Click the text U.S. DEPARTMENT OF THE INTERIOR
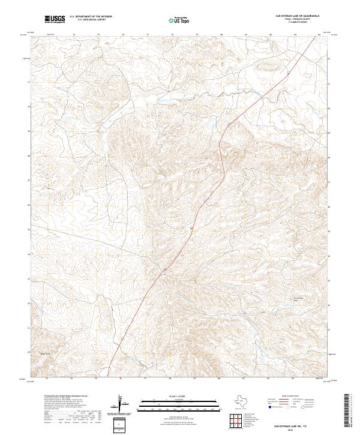(91, 17)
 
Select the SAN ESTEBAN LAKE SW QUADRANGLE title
(297, 17)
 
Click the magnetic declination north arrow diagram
(120, 405)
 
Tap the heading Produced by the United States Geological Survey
(65, 396)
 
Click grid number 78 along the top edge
(172, 35)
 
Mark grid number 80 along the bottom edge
(219, 379)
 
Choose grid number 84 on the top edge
(319, 35)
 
